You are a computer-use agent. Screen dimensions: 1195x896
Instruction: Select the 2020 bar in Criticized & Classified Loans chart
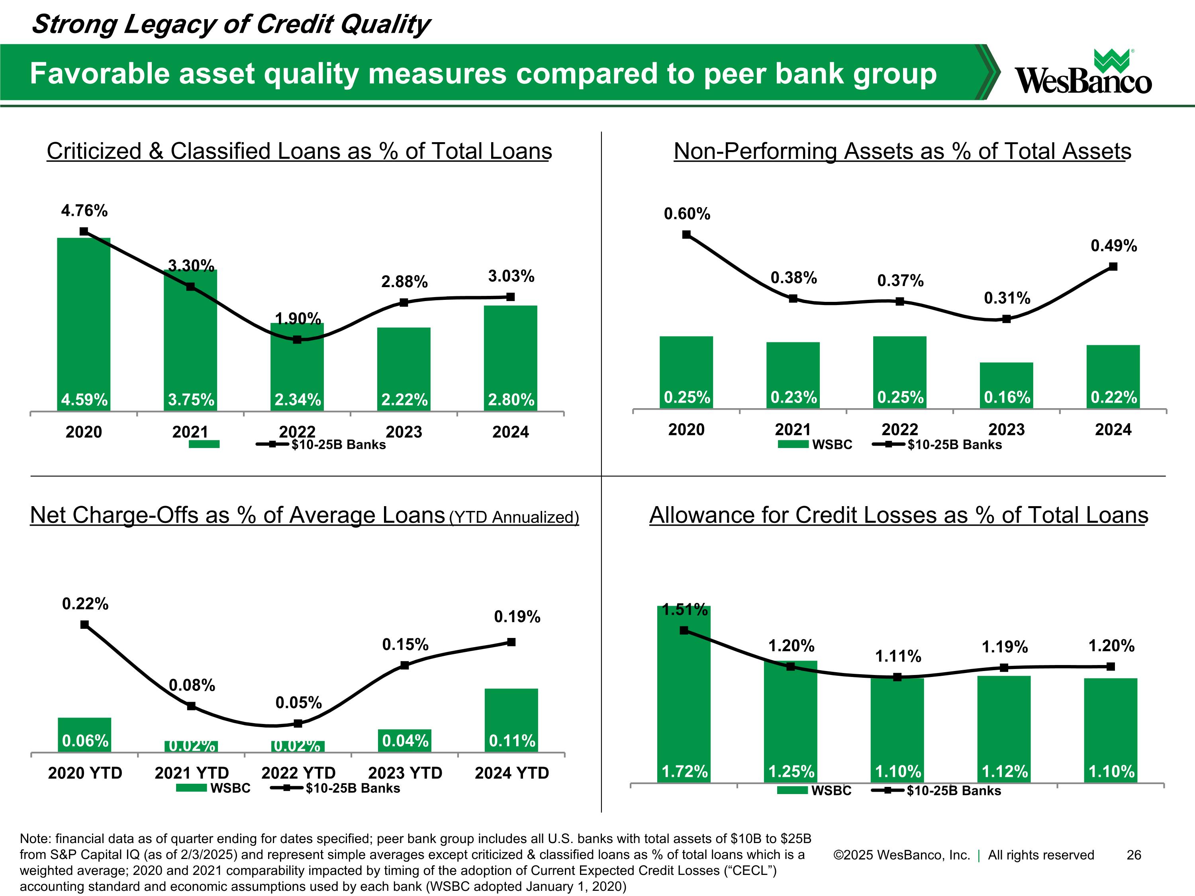(x=84, y=324)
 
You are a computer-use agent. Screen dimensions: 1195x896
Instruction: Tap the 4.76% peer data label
(x=84, y=211)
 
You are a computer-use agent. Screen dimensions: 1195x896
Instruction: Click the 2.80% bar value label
(x=511, y=400)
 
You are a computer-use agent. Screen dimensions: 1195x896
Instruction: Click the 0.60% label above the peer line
(x=687, y=214)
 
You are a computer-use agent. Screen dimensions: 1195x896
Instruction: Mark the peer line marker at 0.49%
(x=1113, y=267)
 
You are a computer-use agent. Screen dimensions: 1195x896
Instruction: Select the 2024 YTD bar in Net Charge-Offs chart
(x=511, y=720)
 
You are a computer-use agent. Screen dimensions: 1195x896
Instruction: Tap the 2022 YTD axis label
(x=298, y=773)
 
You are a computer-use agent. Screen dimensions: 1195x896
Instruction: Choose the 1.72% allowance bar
(x=684, y=694)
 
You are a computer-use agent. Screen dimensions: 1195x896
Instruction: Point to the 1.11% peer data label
(x=898, y=656)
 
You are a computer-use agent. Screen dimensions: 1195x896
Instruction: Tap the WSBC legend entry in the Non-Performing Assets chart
(x=815, y=444)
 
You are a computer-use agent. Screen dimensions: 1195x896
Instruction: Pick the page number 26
(x=1134, y=855)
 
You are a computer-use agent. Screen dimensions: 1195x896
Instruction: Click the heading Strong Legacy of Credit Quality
(x=231, y=24)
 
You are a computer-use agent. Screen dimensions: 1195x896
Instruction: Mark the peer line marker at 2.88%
(x=404, y=302)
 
